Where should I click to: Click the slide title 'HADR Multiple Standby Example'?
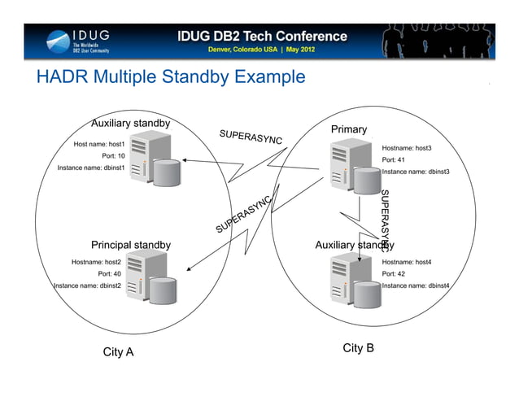(x=171, y=78)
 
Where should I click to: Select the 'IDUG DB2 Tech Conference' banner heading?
(x=263, y=36)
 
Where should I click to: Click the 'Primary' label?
(x=348, y=130)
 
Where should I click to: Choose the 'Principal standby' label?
(x=130, y=245)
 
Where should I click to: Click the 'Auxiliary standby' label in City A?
(x=130, y=124)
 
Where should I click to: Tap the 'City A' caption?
(x=118, y=352)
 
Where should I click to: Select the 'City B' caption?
(x=358, y=348)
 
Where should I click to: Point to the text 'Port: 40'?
(x=109, y=274)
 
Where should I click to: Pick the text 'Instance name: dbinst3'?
(x=415, y=172)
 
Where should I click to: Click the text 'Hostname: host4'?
(x=406, y=262)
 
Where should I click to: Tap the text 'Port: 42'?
(x=394, y=274)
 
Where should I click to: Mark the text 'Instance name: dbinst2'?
(x=87, y=286)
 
